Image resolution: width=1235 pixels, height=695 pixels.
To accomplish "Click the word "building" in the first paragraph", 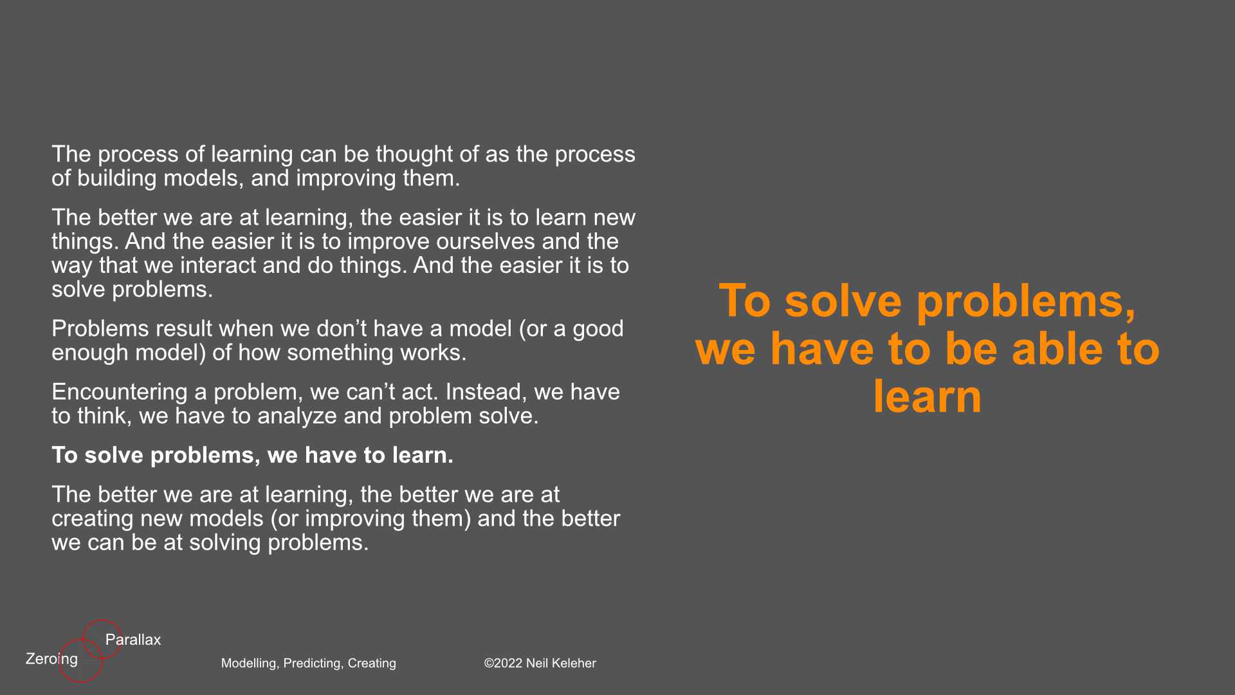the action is [116, 178].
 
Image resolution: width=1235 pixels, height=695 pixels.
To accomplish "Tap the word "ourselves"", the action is [486, 241].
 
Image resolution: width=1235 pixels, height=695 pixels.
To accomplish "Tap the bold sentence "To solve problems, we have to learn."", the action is [252, 455].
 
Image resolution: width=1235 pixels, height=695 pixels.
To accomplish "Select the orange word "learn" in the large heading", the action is [928, 396].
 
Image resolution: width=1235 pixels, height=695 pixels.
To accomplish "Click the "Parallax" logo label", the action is [133, 640].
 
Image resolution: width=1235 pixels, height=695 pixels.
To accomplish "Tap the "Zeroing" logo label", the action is [51, 660].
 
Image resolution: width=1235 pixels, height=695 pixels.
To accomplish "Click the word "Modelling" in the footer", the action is [250, 663].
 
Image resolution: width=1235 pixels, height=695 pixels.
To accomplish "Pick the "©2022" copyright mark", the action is [503, 663].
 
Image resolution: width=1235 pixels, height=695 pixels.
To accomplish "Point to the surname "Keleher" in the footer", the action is [573, 663].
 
